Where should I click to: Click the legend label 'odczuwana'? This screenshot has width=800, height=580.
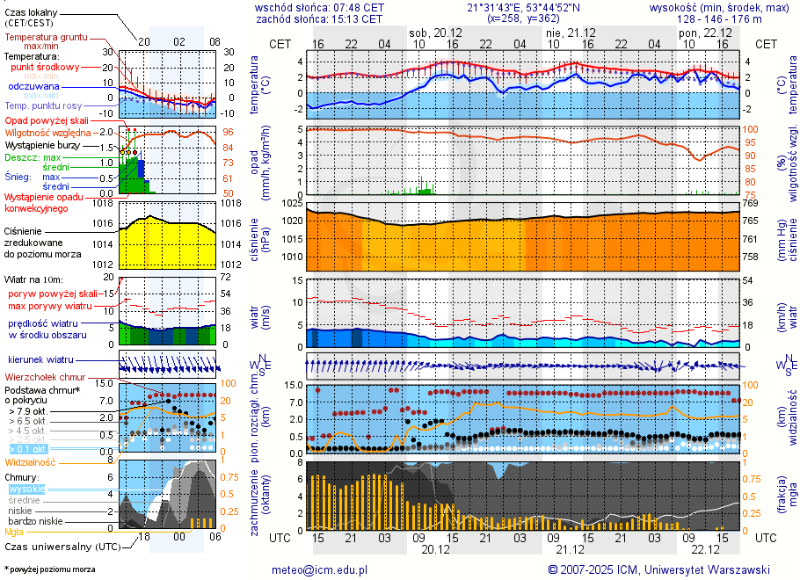(x=33, y=86)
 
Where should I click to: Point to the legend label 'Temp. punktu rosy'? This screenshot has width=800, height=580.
(x=44, y=105)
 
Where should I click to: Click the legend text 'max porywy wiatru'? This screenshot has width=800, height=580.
(x=50, y=306)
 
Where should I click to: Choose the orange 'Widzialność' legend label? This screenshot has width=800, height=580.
(x=31, y=461)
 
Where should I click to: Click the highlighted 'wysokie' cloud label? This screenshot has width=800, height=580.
(x=26, y=489)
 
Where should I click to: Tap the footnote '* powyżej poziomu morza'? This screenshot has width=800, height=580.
(x=49, y=569)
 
